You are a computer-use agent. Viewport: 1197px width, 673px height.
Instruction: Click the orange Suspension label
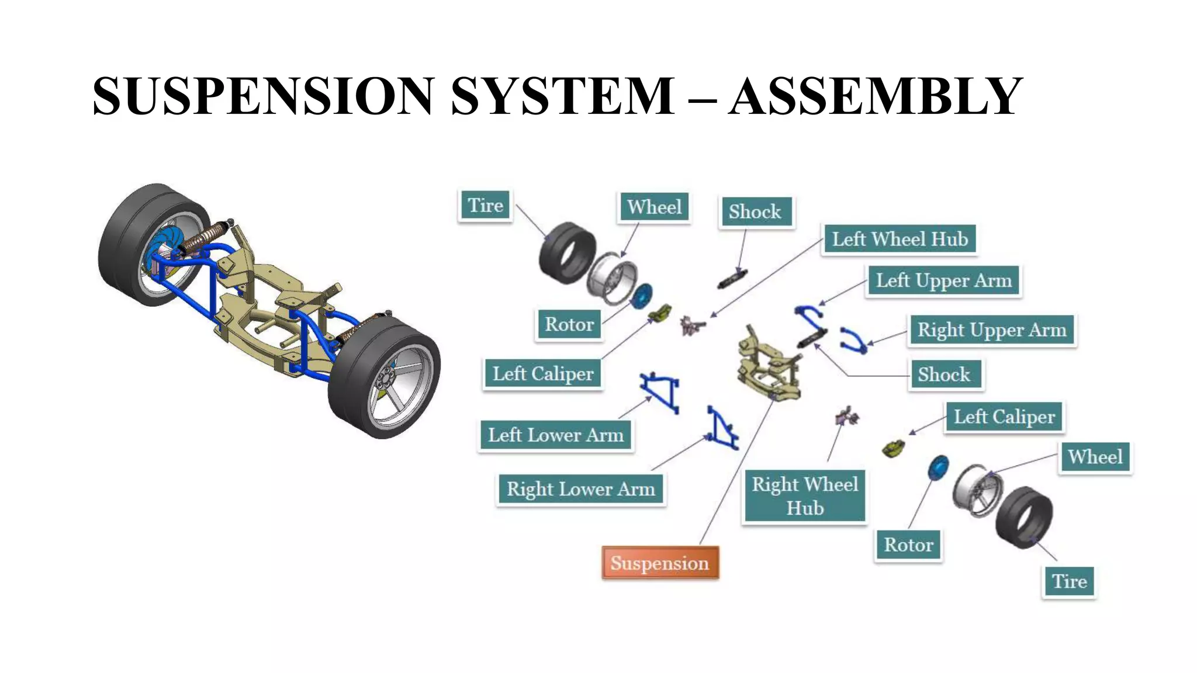[x=660, y=563]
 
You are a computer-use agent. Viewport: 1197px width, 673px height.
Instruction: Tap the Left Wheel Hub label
[x=900, y=239]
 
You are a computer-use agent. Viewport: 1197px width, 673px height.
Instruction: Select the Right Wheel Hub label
[x=804, y=496]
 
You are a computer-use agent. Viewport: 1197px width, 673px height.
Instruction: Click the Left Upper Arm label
[x=943, y=281]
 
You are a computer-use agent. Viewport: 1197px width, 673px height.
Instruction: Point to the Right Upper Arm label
[x=992, y=330]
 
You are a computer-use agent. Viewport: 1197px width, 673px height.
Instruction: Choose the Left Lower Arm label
[x=556, y=435]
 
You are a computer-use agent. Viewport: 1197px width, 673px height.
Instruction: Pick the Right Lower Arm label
[x=580, y=489]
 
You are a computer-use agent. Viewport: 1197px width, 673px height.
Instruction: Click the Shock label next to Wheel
[x=755, y=211]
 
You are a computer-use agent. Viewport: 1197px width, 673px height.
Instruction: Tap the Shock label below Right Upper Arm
[x=944, y=374]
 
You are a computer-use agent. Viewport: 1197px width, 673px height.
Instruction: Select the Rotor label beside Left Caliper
[x=569, y=324]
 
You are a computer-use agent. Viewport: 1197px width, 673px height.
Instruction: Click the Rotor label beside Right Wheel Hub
[x=908, y=545]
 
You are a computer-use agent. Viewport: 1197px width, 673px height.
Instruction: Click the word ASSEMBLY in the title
[x=876, y=96]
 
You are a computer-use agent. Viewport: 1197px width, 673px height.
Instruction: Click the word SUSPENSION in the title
[x=263, y=96]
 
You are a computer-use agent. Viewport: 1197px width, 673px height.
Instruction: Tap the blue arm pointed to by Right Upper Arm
[x=853, y=340]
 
